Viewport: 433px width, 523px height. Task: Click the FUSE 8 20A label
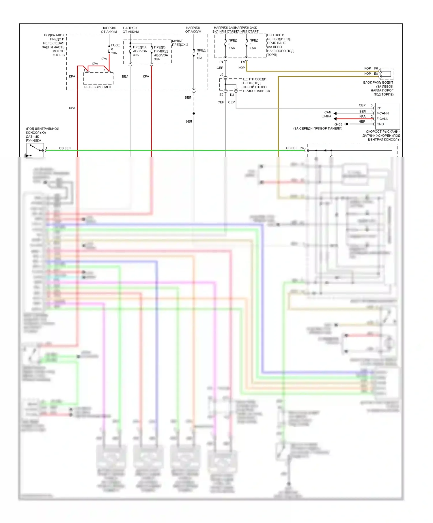[x=115, y=49]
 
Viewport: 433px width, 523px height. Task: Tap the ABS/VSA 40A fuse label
[x=140, y=51]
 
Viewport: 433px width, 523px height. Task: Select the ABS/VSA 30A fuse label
[x=161, y=53]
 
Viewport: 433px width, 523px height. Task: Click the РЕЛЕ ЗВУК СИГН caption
[x=98, y=87]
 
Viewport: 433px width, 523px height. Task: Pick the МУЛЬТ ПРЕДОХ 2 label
[x=180, y=43]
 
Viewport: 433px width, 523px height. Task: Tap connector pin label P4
[x=221, y=62]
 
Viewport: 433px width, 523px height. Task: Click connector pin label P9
[x=243, y=62]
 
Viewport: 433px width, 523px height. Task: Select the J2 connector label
[x=221, y=75]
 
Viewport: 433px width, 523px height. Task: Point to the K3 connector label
[x=232, y=95]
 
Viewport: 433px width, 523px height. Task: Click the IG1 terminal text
[x=379, y=108]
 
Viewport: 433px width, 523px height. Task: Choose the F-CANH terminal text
[x=382, y=113]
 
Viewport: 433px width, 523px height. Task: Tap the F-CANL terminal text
[x=382, y=119]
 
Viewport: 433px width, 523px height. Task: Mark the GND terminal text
[x=380, y=124]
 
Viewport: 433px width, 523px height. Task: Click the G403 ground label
[x=338, y=124]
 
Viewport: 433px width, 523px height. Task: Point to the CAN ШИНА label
[x=327, y=114]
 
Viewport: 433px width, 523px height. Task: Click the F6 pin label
[x=376, y=68]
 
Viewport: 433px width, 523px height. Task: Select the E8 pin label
[x=376, y=74]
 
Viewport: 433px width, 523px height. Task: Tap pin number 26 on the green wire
[x=302, y=148]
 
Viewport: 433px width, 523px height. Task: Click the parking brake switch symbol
[x=35, y=150]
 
